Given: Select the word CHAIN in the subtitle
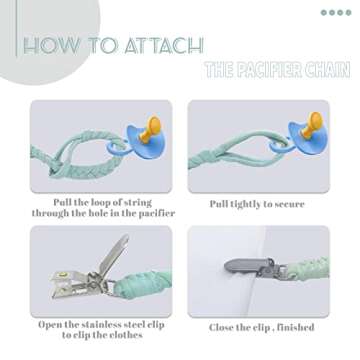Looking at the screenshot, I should [329, 71].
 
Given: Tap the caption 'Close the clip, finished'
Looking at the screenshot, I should [261, 327].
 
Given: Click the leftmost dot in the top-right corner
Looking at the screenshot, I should [323, 13].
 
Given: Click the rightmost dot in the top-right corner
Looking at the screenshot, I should [349, 13].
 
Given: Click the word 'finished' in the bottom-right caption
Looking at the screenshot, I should [292, 327].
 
